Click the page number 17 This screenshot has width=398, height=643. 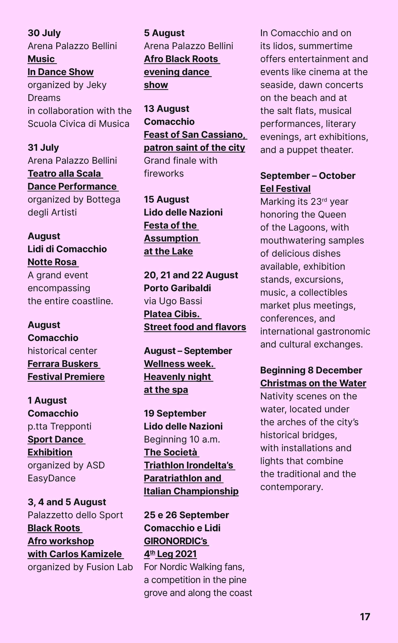pyautogui.click(x=365, y=617)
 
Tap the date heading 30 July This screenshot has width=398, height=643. pyautogui.click(x=44, y=33)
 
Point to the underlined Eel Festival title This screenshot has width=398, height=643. pyautogui.click(x=285, y=189)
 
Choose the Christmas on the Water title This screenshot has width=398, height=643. pyautogui.click(x=313, y=383)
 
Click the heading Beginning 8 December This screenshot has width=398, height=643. pyautogui.click(x=311, y=370)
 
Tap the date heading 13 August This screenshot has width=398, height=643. pyautogui.click(x=166, y=109)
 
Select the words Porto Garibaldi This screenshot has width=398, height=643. pyautogui.click(x=177, y=288)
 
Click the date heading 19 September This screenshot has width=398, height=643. pyautogui.click(x=175, y=414)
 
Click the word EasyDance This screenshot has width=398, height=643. pyautogui.click(x=52, y=478)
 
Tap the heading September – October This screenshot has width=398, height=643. pyautogui.click(x=308, y=176)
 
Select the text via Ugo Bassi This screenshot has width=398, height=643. pyautogui.click(x=173, y=301)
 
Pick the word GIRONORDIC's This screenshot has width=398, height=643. pyautogui.click(x=176, y=541)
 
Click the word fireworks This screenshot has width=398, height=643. pyautogui.click(x=164, y=174)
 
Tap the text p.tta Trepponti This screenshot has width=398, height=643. pyautogui.click(x=59, y=426)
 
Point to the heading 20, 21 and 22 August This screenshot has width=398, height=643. pyautogui.click(x=191, y=275)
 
